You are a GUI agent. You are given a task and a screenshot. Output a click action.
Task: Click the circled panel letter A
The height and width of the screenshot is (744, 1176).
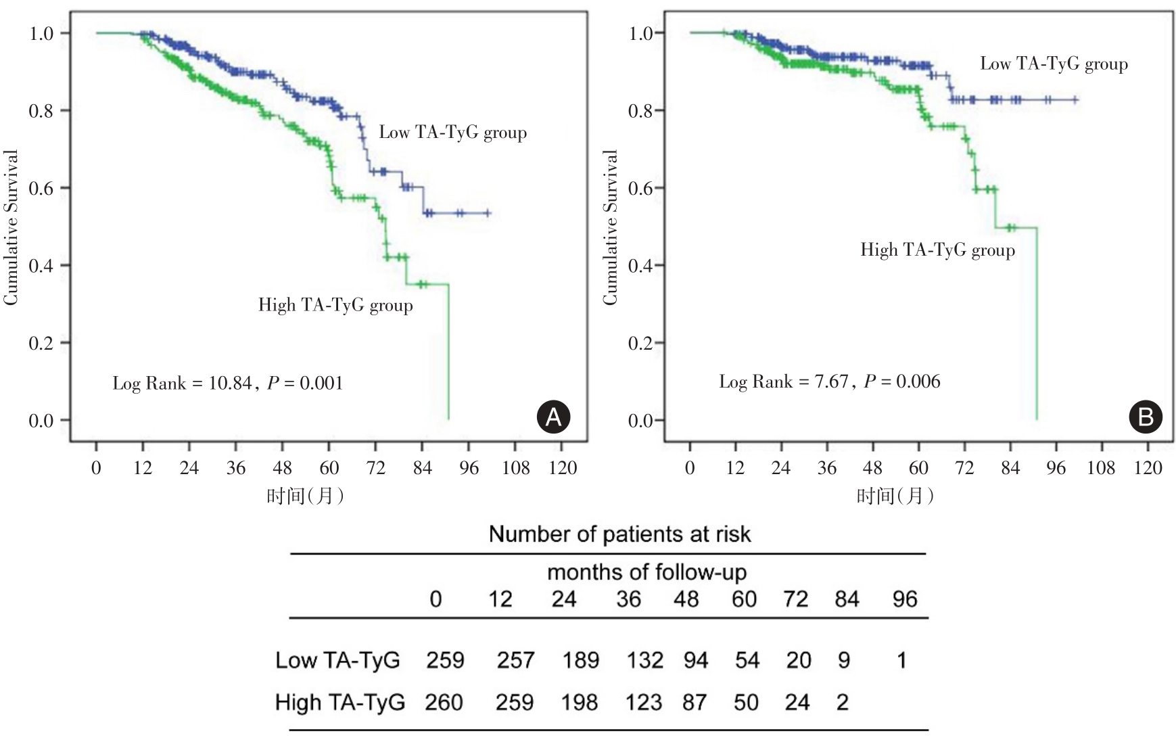click(553, 417)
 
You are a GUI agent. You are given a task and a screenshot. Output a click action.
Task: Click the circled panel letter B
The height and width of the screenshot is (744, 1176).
click(1146, 417)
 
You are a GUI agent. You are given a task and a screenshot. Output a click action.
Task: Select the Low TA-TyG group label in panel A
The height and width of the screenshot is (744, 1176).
click(452, 132)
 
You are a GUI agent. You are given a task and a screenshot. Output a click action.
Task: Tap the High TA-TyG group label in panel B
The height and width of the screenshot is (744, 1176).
click(937, 250)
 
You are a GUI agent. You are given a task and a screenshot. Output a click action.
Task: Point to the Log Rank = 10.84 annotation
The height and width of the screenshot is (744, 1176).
click(182, 383)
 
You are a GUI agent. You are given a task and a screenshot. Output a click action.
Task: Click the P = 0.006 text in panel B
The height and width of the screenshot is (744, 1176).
click(902, 381)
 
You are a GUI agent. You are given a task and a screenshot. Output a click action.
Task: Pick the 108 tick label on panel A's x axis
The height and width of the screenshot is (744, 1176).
click(515, 468)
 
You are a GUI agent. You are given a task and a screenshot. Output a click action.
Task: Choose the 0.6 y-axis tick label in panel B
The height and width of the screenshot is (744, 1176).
click(640, 188)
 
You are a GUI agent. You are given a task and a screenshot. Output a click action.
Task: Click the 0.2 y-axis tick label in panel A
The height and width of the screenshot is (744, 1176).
click(41, 343)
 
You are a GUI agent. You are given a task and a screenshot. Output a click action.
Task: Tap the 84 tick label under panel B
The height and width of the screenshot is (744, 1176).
click(1010, 468)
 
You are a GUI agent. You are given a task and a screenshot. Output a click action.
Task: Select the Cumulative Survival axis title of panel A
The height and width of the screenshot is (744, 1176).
click(10, 227)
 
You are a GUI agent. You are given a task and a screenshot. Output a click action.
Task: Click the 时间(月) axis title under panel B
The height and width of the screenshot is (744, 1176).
click(895, 496)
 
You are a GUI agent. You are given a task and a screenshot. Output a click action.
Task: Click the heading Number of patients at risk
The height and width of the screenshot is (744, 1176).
click(619, 534)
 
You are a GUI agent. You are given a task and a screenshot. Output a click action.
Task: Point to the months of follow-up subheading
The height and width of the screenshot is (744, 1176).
click(646, 572)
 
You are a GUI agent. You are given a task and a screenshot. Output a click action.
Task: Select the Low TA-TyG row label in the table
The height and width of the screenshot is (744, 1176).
click(337, 660)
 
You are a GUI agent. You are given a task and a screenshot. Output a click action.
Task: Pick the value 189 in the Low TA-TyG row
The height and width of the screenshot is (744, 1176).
click(581, 660)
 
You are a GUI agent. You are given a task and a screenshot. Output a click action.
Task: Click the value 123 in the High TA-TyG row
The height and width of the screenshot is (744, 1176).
click(644, 703)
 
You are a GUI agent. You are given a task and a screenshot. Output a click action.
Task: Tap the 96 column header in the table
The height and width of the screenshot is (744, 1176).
click(905, 599)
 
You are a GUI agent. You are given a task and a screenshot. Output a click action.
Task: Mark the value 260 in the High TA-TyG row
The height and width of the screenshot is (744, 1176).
click(444, 703)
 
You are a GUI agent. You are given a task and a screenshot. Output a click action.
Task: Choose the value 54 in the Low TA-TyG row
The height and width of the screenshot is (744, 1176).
click(747, 660)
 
